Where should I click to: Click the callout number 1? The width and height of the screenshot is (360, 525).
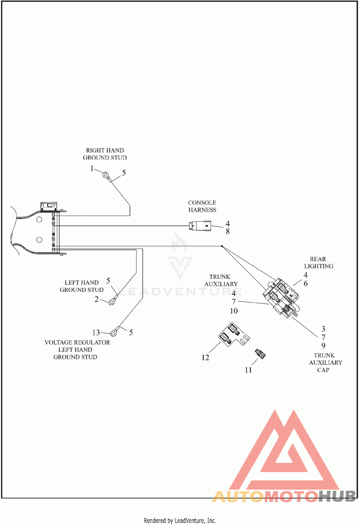coord(92,169)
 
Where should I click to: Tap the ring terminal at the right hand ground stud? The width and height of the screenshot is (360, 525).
coord(106,175)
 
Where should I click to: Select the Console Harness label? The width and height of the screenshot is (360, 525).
coord(202,206)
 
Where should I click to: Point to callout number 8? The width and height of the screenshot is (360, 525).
coord(228,231)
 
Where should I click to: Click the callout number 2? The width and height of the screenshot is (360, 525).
coord(96,299)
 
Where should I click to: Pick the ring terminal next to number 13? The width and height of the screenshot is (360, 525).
coord(114,333)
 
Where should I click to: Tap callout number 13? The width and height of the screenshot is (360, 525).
coord(96,333)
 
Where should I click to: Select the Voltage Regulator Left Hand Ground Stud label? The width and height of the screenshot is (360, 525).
coord(77,349)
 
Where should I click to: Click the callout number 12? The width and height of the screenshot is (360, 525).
coord(206,358)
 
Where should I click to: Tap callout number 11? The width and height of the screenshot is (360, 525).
coord(248,370)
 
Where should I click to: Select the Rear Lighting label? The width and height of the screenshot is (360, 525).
coord(321,262)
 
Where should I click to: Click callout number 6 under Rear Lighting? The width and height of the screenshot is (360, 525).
coord(306,284)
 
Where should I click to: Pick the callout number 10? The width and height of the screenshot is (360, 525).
coord(234,311)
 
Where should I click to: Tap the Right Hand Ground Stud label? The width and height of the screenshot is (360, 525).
coord(105,154)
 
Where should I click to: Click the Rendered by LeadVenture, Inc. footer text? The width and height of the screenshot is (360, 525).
coord(180,520)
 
